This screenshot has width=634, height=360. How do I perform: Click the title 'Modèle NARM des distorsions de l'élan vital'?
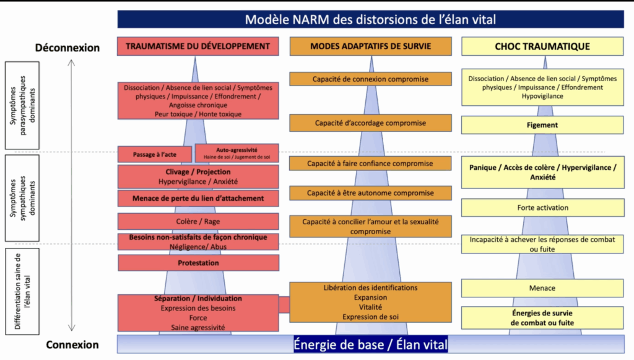click(370, 19)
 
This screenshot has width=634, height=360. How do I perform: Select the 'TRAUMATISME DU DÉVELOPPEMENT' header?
click(198, 46)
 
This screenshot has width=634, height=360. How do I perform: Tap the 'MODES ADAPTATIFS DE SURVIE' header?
click(370, 46)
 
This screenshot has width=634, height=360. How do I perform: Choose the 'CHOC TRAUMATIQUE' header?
click(542, 46)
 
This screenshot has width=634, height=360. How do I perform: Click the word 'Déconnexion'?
click(67, 47)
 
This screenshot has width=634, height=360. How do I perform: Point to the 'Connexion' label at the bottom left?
click(72, 345)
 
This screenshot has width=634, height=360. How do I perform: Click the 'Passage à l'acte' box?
click(155, 153)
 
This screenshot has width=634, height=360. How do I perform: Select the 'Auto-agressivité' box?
click(237, 153)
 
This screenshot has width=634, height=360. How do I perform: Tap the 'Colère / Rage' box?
click(198, 221)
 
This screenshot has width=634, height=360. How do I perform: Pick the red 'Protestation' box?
click(198, 263)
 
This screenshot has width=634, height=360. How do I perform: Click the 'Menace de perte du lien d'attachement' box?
click(198, 198)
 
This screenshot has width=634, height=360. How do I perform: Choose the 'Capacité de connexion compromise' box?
click(370, 79)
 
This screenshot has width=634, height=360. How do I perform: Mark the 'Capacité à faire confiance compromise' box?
click(370, 164)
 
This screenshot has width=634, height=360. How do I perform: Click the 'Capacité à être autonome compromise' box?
click(370, 193)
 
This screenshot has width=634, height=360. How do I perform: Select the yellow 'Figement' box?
click(542, 125)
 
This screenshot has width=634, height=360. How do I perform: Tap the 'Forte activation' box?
click(542, 208)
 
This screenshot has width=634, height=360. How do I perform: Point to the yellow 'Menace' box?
click(542, 288)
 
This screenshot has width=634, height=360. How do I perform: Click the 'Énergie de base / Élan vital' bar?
click(370, 343)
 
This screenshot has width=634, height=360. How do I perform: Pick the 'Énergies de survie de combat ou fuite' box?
click(542, 318)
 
